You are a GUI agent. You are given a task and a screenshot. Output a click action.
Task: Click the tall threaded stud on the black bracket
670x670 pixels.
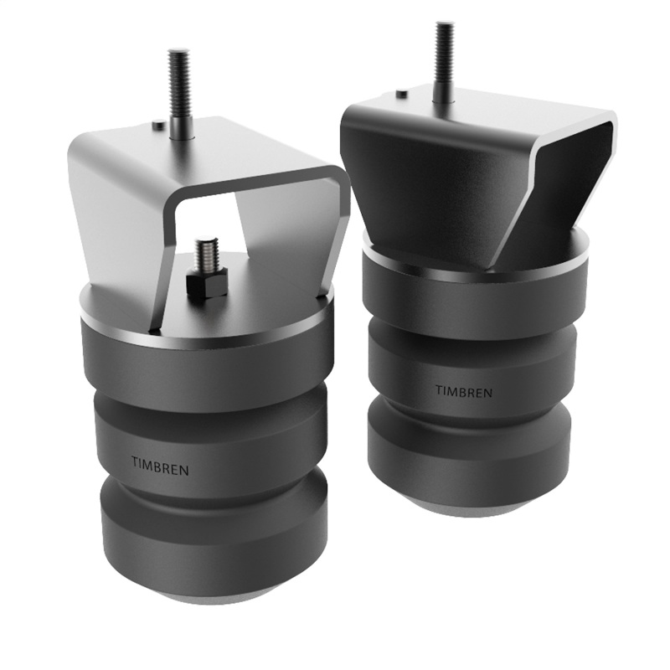[444, 62]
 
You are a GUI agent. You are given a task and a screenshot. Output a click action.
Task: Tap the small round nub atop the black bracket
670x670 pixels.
[402, 94]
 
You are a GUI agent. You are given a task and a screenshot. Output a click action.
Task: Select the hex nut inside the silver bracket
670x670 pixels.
[206, 284]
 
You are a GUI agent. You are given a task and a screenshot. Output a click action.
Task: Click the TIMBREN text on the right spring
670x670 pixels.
[463, 391]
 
